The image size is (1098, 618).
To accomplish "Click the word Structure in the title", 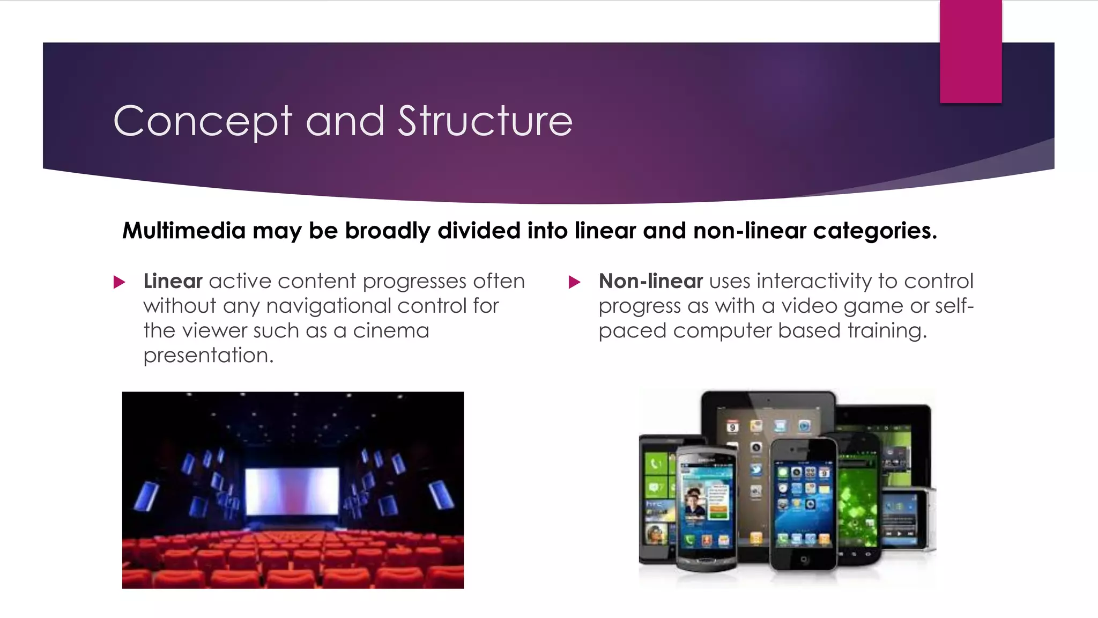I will point(485,121).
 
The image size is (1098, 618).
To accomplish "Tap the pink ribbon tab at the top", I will point(970,51).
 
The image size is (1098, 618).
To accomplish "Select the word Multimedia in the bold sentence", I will point(184,231).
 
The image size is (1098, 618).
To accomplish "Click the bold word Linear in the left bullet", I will point(173,281).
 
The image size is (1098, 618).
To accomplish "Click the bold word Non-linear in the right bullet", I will point(650,281).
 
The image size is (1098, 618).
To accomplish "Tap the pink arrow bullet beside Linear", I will point(119,282).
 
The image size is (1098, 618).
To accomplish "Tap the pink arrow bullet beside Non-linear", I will point(574,282).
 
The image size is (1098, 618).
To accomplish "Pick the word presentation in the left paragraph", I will point(208,355).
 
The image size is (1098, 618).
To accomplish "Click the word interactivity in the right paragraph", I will point(814,281).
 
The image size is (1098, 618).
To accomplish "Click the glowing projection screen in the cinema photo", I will point(292,490).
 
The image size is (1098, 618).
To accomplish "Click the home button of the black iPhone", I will point(803,560).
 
